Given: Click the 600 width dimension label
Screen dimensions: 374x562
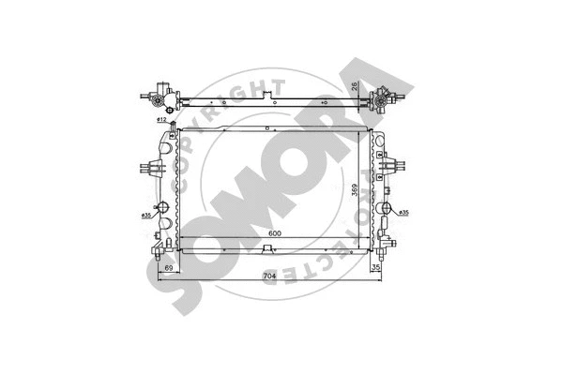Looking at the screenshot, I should coord(275,233).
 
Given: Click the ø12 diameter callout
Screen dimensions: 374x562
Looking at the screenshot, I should coord(161,120).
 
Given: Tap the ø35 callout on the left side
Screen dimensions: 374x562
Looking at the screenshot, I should coord(147,217).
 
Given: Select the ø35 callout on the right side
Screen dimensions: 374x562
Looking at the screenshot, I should coord(403,214).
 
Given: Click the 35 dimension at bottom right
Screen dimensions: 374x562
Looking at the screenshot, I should coord(375,269).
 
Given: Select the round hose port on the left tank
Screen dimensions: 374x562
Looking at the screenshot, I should coord(161,206).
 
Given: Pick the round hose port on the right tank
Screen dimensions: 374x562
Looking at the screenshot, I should coord(385,206).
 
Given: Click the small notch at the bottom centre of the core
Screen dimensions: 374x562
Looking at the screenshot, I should coord(270,248).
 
